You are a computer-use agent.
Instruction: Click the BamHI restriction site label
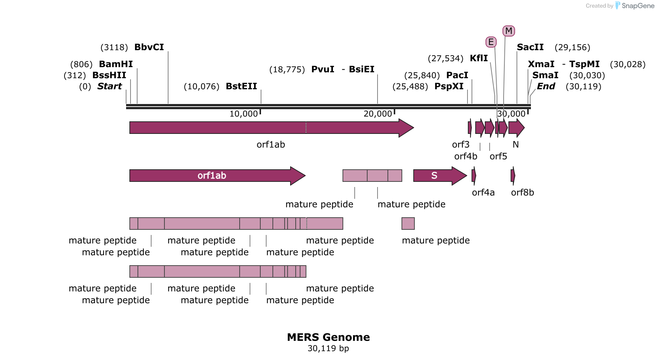click(x=116, y=64)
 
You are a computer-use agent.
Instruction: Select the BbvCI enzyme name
click(x=149, y=47)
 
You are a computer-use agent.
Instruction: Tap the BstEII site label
click(x=241, y=86)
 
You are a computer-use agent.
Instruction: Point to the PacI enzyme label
click(x=457, y=75)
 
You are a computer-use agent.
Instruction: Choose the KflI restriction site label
click(x=479, y=58)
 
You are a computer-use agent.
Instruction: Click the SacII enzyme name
click(x=530, y=47)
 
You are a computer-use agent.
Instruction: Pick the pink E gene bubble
click(x=491, y=42)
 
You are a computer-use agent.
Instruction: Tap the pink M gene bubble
click(x=509, y=31)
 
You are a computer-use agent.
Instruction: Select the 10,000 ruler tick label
click(x=244, y=114)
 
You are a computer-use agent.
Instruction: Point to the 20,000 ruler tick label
click(x=378, y=114)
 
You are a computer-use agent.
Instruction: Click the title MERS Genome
click(x=328, y=337)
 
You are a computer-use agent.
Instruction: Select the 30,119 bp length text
click(x=328, y=349)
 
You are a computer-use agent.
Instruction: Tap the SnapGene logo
click(x=635, y=6)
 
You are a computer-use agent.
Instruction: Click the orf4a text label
click(x=483, y=193)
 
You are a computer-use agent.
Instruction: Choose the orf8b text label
click(x=522, y=193)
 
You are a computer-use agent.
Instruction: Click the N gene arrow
click(x=517, y=128)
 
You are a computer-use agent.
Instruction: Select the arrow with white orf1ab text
click(x=218, y=176)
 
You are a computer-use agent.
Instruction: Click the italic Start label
click(x=109, y=86)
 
